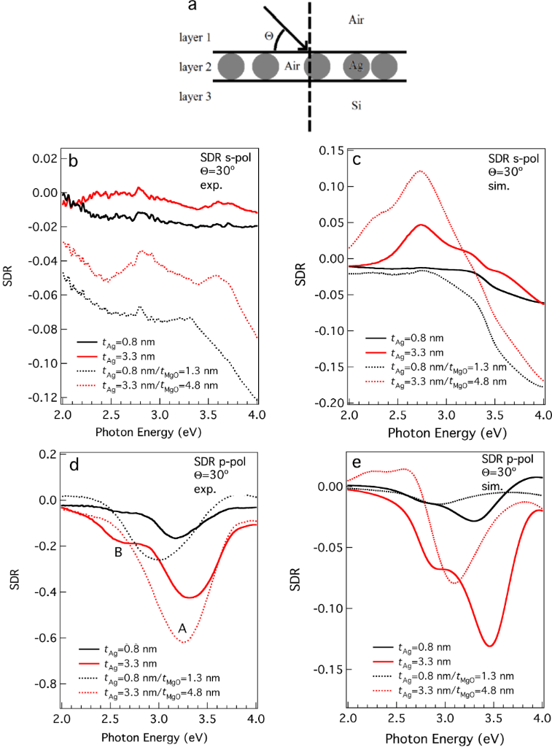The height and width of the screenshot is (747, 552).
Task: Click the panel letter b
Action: coord(74,162)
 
